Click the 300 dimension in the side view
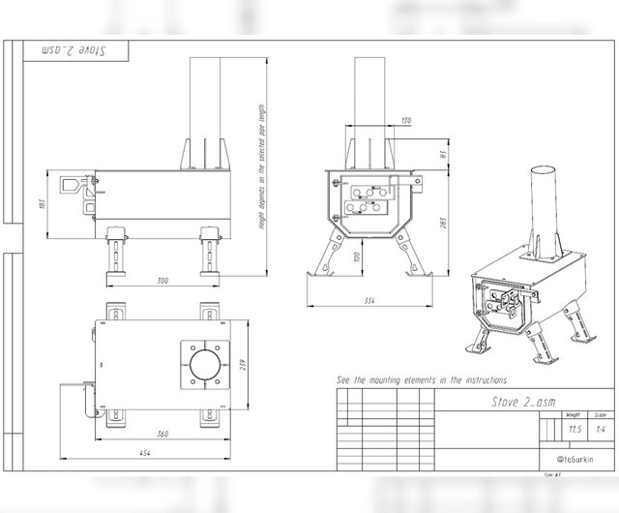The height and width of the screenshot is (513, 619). point(162,280)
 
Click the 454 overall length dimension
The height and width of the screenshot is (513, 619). point(143,454)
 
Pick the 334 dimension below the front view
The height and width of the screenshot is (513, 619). point(369,302)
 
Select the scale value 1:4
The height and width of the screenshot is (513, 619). point(602,427)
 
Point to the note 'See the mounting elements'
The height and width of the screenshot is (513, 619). point(421,380)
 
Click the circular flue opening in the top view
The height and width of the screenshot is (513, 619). point(204,366)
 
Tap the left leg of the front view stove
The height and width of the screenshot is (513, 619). point(327,255)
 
